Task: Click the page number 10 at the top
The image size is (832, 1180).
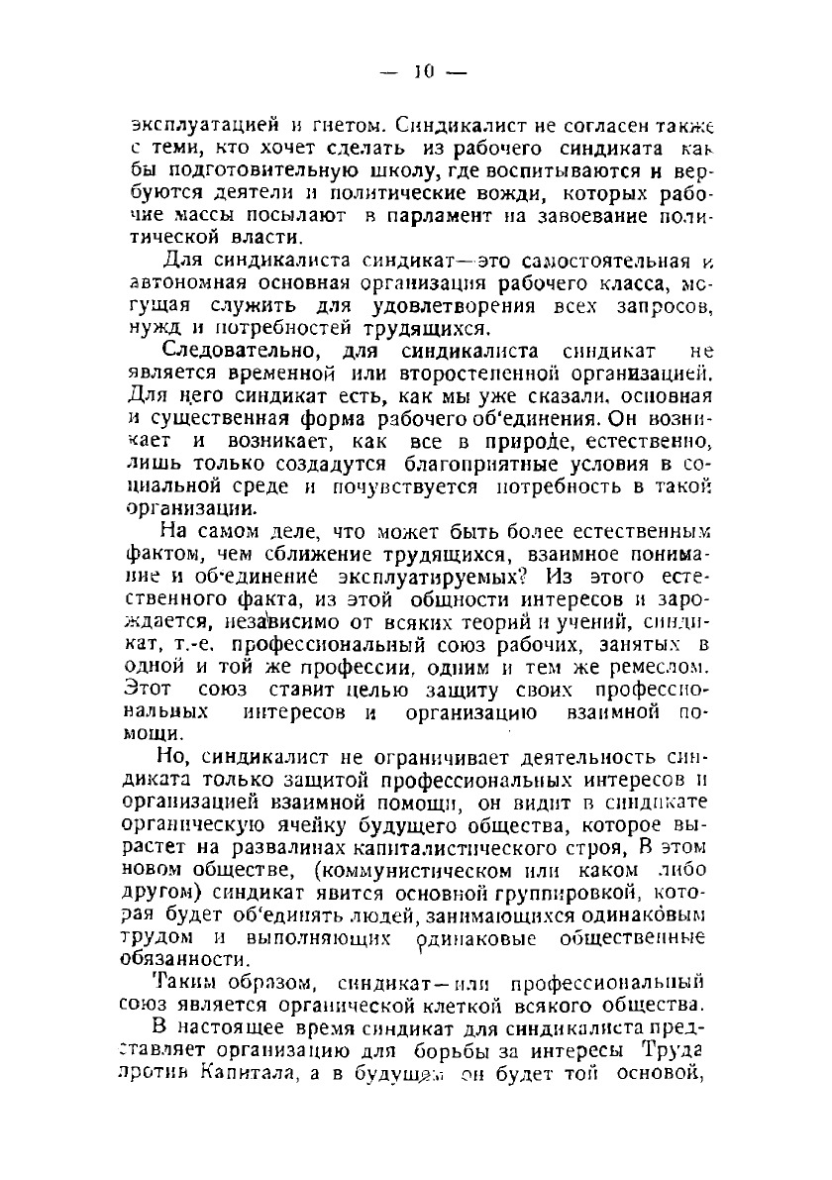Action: pos(425,71)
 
